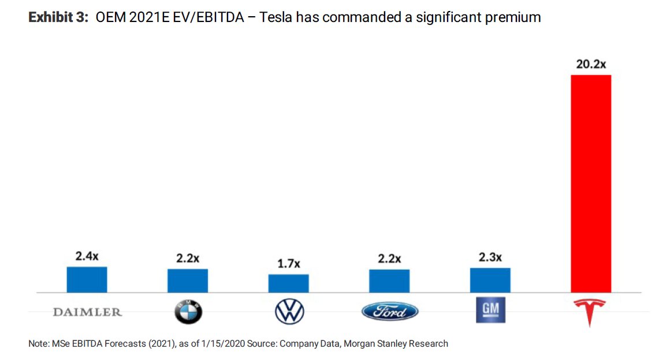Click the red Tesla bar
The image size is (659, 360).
pyautogui.click(x=590, y=183)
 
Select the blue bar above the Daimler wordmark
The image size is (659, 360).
pyautogui.click(x=87, y=279)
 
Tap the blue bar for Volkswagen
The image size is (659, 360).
pyautogui.click(x=288, y=283)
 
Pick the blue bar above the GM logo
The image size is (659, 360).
pyautogui.click(x=490, y=280)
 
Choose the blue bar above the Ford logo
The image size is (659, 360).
pyautogui.click(x=389, y=281)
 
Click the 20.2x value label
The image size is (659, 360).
pyautogui.click(x=590, y=64)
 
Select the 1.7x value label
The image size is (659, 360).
pyautogui.click(x=288, y=264)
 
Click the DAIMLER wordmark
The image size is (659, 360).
pyautogui.click(x=87, y=312)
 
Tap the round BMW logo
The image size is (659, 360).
pyautogui.click(x=188, y=313)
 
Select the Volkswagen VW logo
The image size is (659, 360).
pyautogui.click(x=289, y=313)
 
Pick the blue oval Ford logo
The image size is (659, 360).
pyautogui.click(x=390, y=312)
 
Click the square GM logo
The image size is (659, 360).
pyautogui.click(x=490, y=311)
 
